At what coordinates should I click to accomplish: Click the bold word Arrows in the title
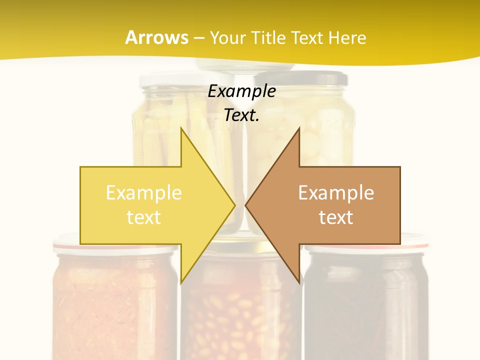tap(156, 37)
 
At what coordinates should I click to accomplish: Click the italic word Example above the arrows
tap(241, 91)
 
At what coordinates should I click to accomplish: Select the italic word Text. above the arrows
tap(241, 115)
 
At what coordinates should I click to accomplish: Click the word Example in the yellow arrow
tap(143, 192)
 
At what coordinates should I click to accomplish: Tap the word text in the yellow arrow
tap(143, 217)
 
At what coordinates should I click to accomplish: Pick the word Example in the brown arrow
tap(336, 192)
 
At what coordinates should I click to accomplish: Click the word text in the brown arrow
tap(336, 217)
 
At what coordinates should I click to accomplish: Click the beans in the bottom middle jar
tap(240, 320)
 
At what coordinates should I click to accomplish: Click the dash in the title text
tap(199, 38)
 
